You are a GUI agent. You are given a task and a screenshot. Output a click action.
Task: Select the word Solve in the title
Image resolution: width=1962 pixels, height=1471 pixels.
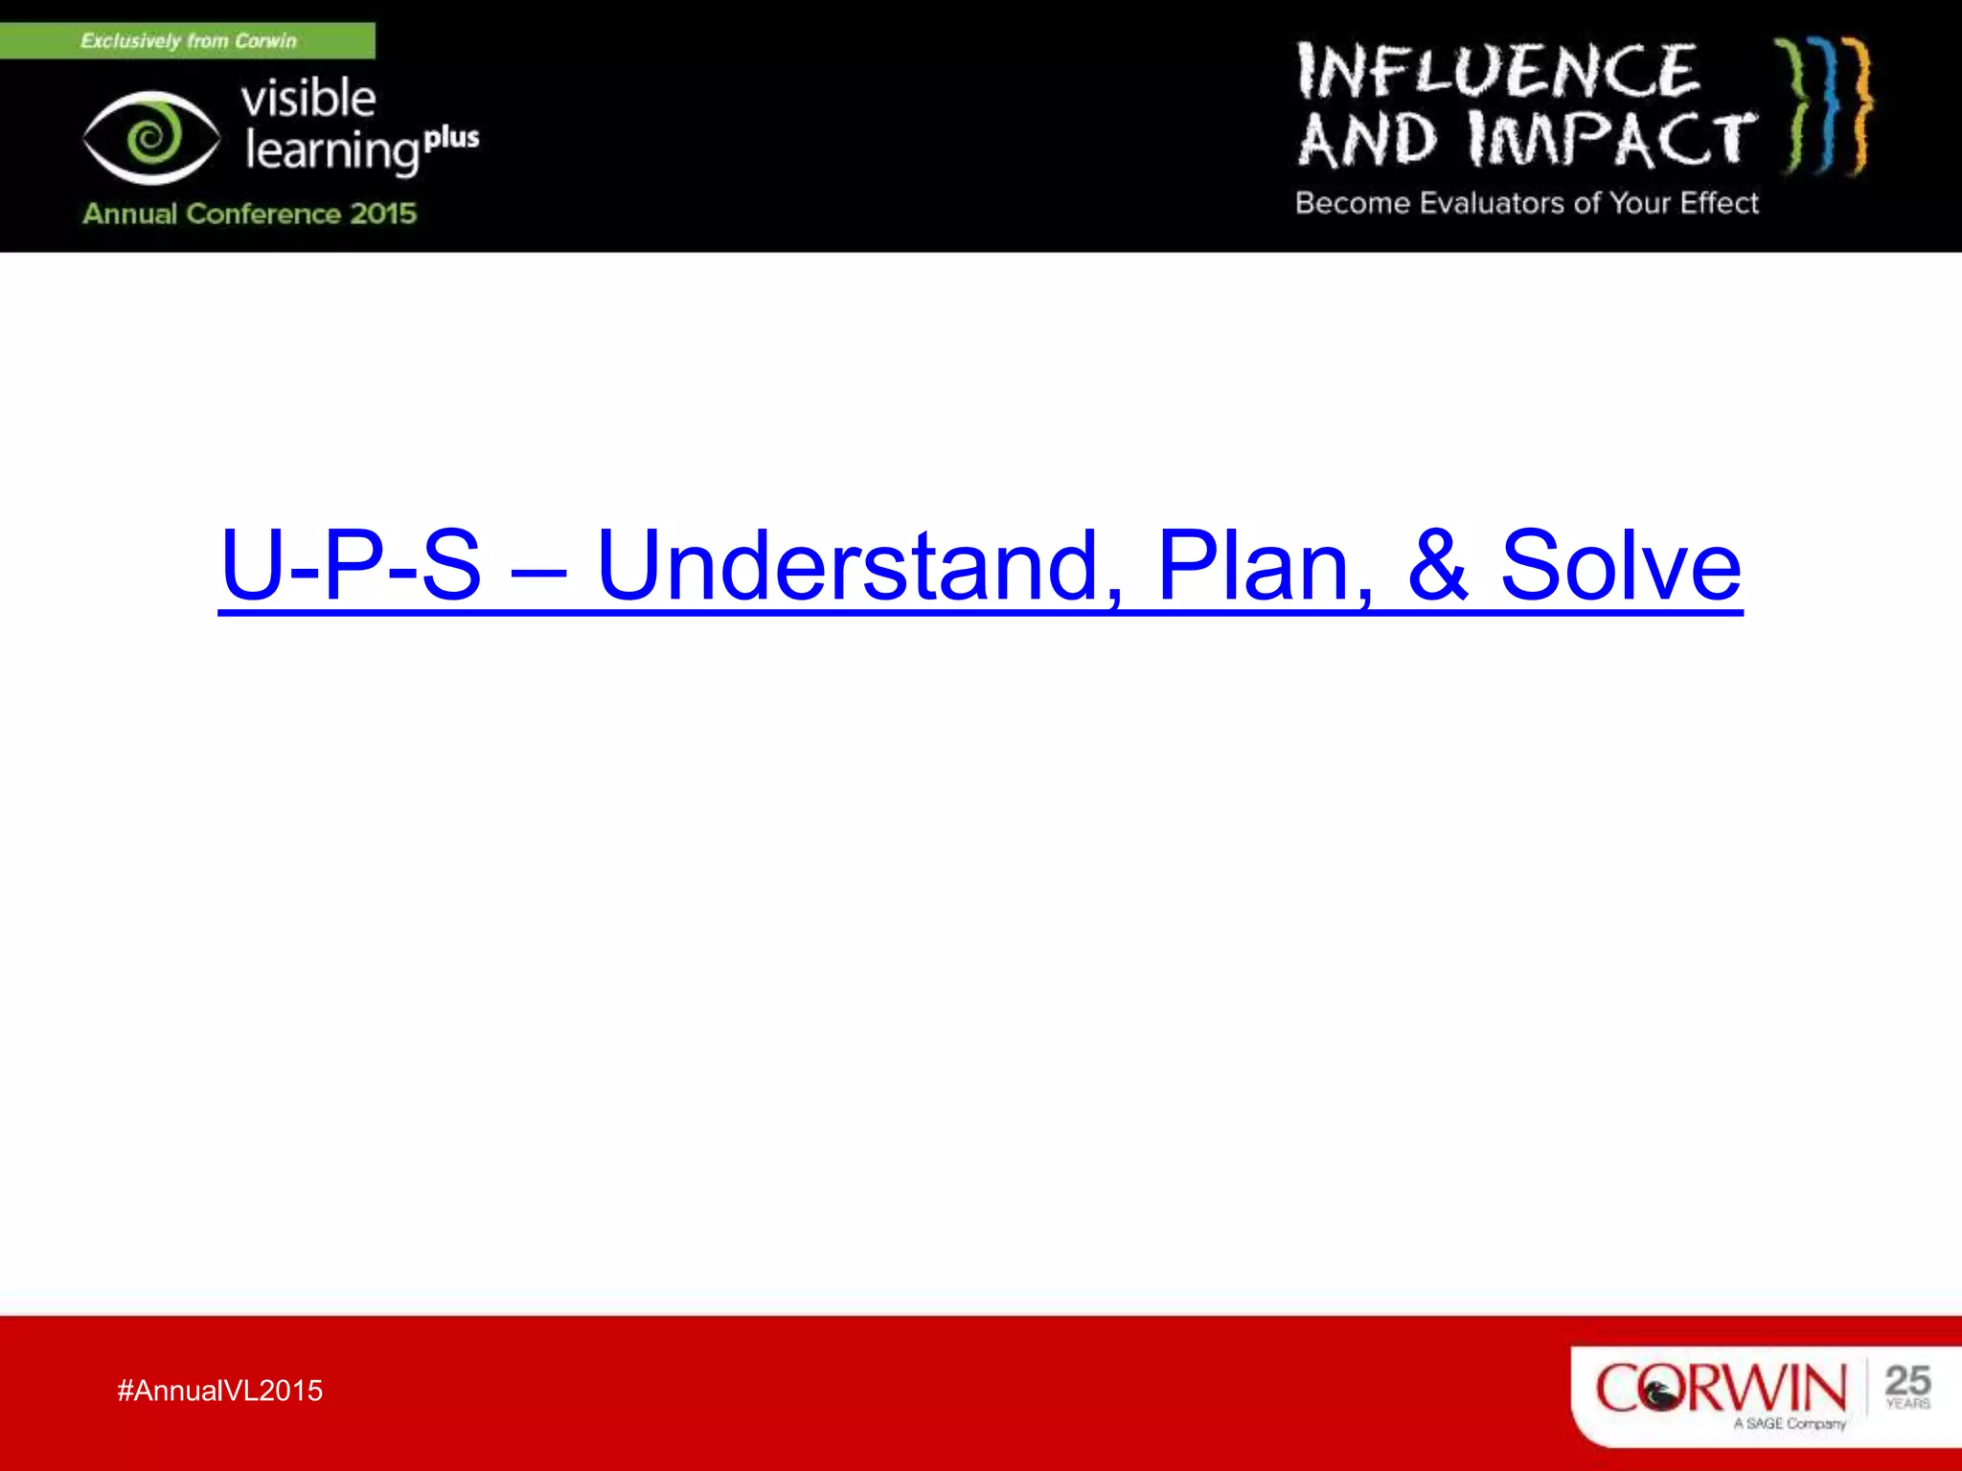pyautogui.click(x=1619, y=567)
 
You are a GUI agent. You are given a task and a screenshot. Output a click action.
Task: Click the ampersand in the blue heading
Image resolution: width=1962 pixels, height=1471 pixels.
pyautogui.click(x=1436, y=567)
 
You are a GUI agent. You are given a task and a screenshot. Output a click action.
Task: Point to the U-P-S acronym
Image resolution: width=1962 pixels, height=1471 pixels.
pyautogui.click(x=351, y=567)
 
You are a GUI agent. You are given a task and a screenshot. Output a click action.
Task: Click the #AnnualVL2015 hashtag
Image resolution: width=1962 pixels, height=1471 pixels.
pyautogui.click(x=219, y=1391)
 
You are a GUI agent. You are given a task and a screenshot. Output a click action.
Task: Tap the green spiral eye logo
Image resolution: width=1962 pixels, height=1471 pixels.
pyautogui.click(x=150, y=138)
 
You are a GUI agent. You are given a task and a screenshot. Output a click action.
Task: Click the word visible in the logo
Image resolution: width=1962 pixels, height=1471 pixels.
pyautogui.click(x=308, y=100)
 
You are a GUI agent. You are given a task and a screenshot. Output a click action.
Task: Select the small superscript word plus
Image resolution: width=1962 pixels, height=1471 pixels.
pyautogui.click(x=451, y=139)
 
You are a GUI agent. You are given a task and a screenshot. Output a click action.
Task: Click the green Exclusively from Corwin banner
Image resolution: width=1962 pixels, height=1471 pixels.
pyautogui.click(x=188, y=41)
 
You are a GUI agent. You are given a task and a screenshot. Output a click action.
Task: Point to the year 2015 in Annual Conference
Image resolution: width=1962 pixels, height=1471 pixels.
pyautogui.click(x=383, y=214)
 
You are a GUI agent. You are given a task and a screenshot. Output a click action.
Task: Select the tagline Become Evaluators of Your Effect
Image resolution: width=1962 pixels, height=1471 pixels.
pyautogui.click(x=1527, y=203)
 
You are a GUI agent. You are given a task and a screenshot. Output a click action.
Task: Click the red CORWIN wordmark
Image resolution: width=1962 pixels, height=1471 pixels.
pyautogui.click(x=1720, y=1388)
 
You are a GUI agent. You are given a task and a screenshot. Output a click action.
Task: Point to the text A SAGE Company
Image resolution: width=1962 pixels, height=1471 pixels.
pyautogui.click(x=1790, y=1424)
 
